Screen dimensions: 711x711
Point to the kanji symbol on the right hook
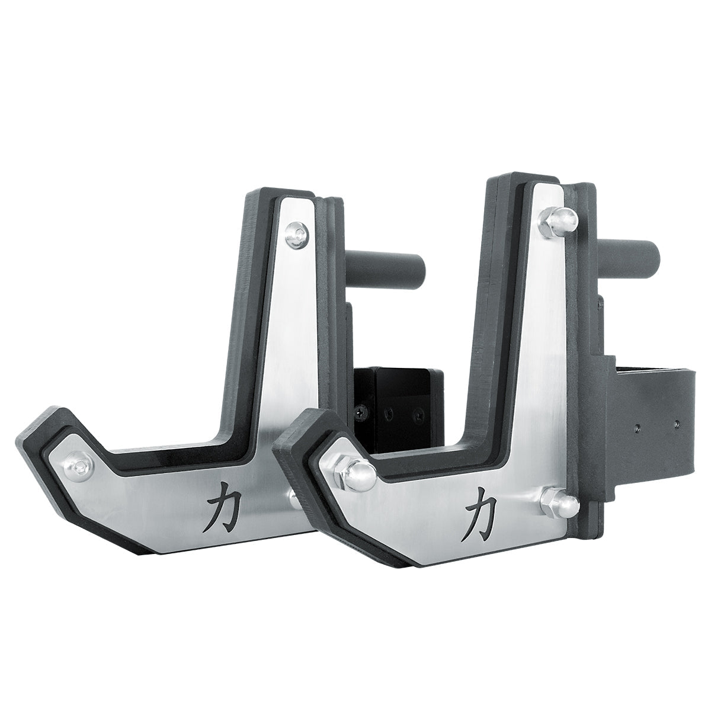coord(481,508)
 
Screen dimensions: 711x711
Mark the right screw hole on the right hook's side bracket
coord(677,424)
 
